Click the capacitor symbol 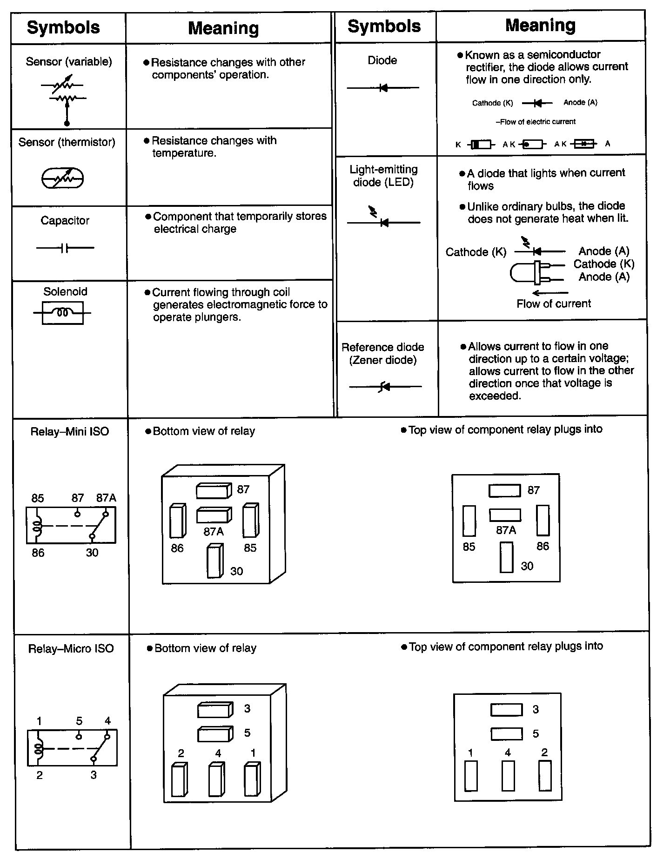click(x=65, y=248)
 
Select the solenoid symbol click(x=63, y=312)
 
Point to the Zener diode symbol click(x=385, y=386)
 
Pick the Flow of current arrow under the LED click(x=550, y=293)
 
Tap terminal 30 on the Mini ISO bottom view click(x=215, y=561)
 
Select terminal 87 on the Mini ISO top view click(x=504, y=490)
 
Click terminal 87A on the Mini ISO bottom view click(x=214, y=515)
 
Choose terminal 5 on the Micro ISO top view click(x=506, y=734)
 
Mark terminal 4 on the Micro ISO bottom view click(x=216, y=779)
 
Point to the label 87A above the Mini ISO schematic click(x=106, y=498)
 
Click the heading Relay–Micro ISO click(x=71, y=648)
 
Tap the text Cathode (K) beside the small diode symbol click(x=492, y=103)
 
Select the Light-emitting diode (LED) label click(x=383, y=176)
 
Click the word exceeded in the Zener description click(x=494, y=396)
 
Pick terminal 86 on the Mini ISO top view click(x=543, y=521)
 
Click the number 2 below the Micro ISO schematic click(x=40, y=775)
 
